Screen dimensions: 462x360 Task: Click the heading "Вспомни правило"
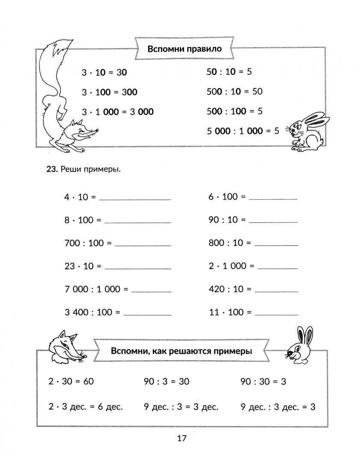(x=184, y=49)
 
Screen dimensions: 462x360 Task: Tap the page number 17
(x=181, y=438)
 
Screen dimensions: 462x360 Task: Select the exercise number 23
(x=51, y=169)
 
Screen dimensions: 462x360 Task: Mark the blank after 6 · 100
(x=273, y=199)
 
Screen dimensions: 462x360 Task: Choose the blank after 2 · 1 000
(x=278, y=268)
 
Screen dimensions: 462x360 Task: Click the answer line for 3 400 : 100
(x=147, y=314)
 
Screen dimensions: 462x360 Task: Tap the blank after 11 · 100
(x=277, y=314)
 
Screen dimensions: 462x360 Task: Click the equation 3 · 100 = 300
(x=110, y=92)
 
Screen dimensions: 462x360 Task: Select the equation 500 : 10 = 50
(x=235, y=91)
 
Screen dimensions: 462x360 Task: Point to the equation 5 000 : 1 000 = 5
(x=242, y=131)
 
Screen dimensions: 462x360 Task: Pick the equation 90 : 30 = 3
(x=263, y=382)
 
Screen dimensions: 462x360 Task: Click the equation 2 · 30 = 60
(x=71, y=382)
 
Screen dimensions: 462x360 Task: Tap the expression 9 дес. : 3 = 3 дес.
(x=181, y=407)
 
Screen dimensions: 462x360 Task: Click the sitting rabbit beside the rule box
(x=307, y=130)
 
